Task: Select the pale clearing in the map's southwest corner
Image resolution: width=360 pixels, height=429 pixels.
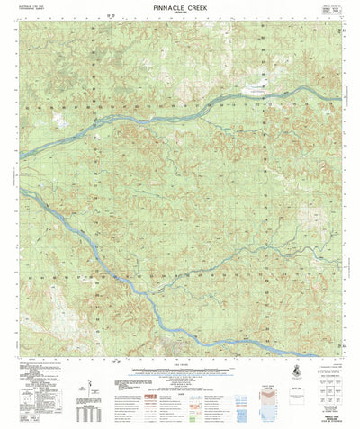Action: pos(36,306)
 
